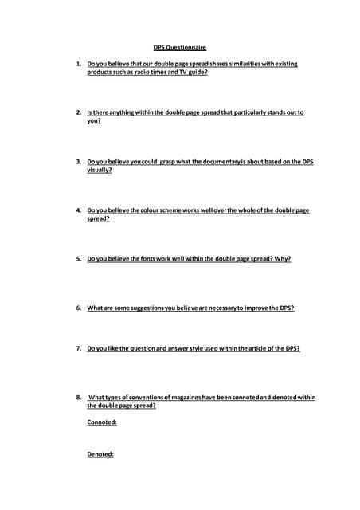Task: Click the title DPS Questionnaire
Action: (x=179, y=47)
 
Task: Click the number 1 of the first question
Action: (x=78, y=64)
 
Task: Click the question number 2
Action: (x=78, y=112)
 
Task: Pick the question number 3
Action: (x=78, y=162)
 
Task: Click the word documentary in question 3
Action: (x=234, y=162)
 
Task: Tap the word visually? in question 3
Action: (x=99, y=171)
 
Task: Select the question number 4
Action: (x=78, y=210)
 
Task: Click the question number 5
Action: (x=78, y=259)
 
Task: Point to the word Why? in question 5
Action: (x=282, y=259)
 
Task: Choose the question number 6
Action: (x=78, y=308)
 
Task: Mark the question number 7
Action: (x=78, y=348)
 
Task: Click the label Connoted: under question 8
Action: (x=102, y=422)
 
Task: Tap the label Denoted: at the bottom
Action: (x=100, y=454)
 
